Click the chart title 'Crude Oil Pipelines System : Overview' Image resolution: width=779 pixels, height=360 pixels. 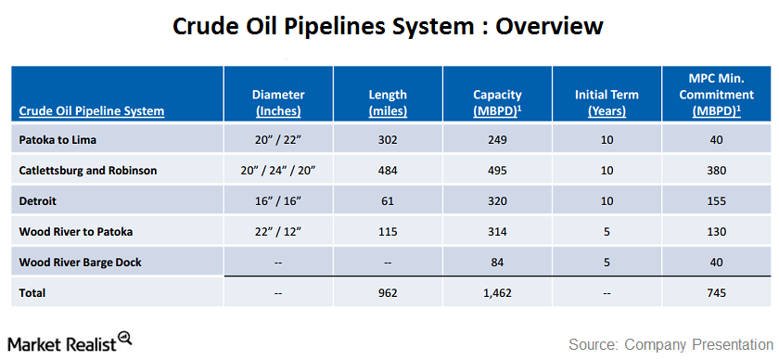point(389,26)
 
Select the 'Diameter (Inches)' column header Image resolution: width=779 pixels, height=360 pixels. point(278,102)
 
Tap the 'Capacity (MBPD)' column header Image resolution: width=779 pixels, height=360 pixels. point(497,102)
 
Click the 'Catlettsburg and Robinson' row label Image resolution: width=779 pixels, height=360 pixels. point(88,171)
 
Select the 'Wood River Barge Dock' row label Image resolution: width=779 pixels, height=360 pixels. point(81,262)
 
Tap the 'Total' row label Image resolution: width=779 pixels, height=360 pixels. point(33,293)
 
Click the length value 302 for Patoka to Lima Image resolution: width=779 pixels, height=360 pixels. point(388,140)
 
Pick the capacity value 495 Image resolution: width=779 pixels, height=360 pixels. point(497,171)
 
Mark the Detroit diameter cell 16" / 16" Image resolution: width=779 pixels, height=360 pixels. point(278,201)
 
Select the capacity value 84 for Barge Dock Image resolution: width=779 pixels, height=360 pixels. point(497,262)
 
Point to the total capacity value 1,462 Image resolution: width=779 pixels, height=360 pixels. point(497,293)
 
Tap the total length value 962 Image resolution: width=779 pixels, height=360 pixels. point(388,293)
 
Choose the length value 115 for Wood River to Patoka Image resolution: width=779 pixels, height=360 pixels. point(388,231)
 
